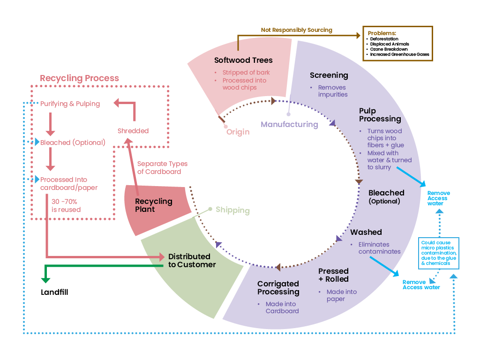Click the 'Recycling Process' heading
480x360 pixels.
pyautogui.click(x=79, y=78)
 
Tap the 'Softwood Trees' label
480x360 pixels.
pyautogui.click(x=243, y=60)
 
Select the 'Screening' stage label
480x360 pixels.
pyautogui.click(x=329, y=75)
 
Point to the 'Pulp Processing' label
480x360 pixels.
pyautogui.click(x=380, y=115)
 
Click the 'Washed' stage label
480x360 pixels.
pyautogui.click(x=366, y=232)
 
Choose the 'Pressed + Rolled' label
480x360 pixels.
pyautogui.click(x=333, y=275)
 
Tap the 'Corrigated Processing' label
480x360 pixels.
pyautogui.click(x=278, y=288)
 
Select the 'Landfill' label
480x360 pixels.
pyautogui.click(x=54, y=292)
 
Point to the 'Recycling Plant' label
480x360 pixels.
pyautogui.click(x=153, y=205)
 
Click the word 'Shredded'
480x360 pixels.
pyautogui.click(x=133, y=131)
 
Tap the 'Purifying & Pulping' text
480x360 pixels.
pyautogui.click(x=70, y=104)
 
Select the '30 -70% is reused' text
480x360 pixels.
pyautogui.click(x=66, y=206)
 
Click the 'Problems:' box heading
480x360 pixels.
pyautogui.click(x=382, y=33)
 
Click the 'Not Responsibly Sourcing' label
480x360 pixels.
pyautogui.click(x=296, y=30)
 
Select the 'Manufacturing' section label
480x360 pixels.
pyautogui.click(x=289, y=124)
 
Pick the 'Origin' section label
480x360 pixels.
pyautogui.click(x=238, y=132)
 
